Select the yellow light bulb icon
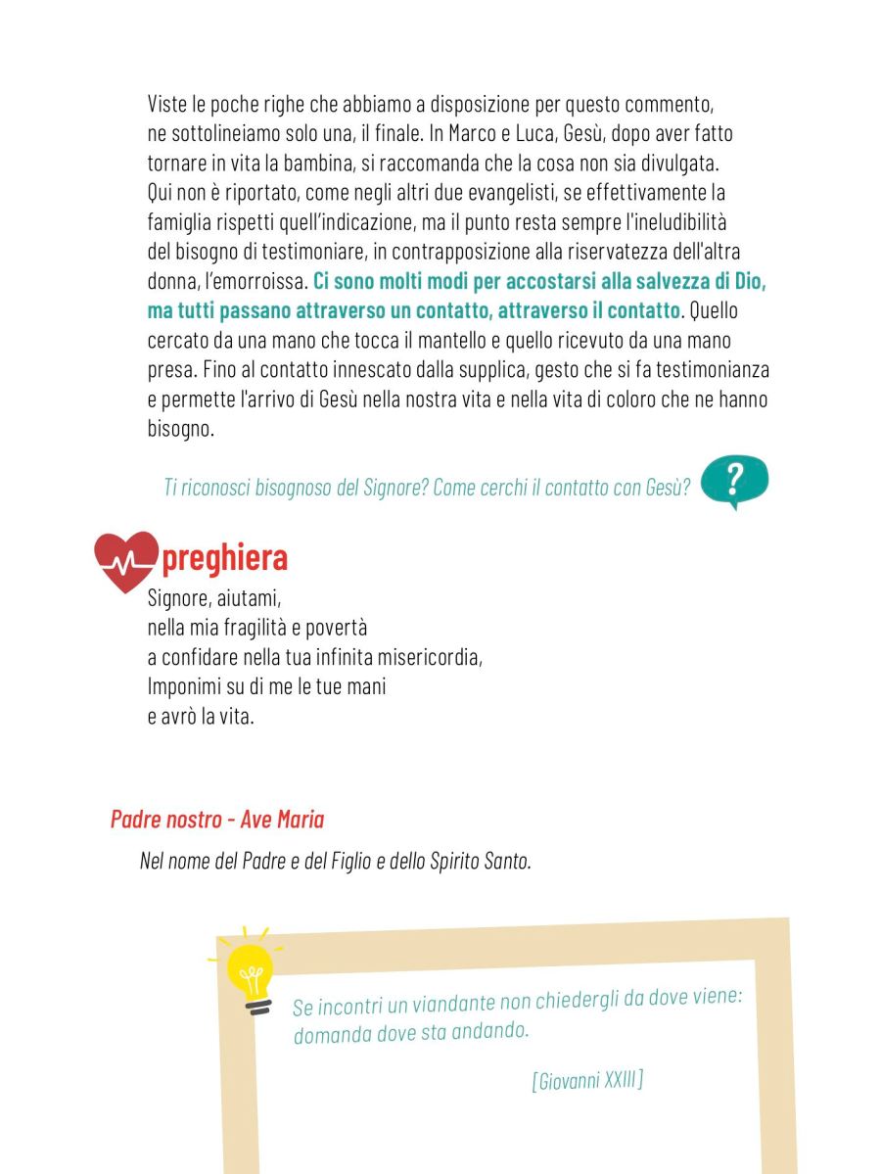(x=249, y=970)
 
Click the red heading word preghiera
(x=224, y=558)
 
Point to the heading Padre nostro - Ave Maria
(x=216, y=819)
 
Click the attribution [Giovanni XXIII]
(x=587, y=1081)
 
